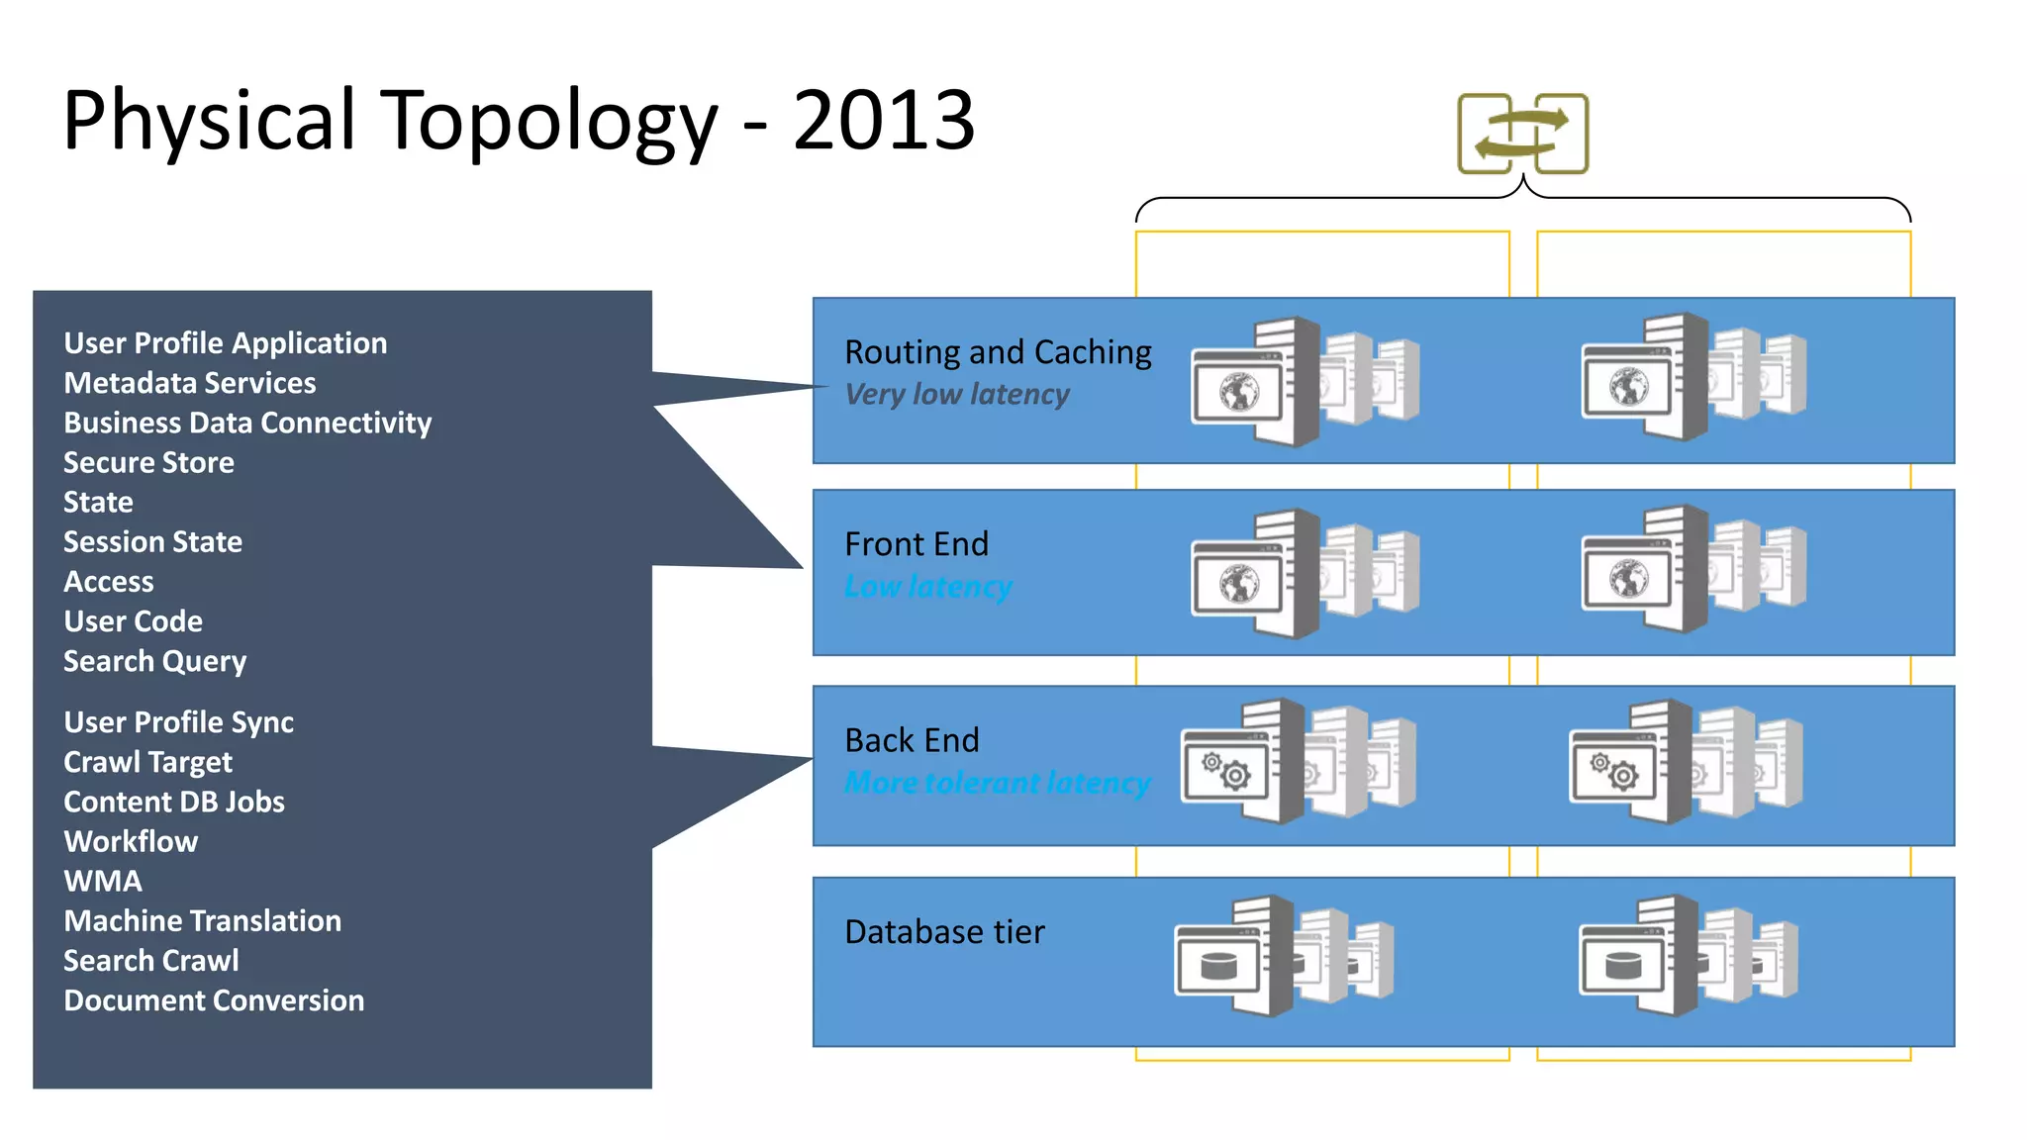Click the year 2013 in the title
[x=883, y=121]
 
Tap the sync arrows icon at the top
[x=1522, y=135]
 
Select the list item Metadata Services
[x=189, y=383]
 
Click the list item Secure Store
[x=148, y=462]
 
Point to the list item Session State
[x=152, y=541]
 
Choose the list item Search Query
[x=154, y=661]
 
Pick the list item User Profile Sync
[x=178, y=722]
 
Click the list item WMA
[x=103, y=881]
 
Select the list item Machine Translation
[x=202, y=920]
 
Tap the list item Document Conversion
[x=214, y=1000]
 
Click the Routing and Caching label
[x=998, y=352]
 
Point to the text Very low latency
[x=956, y=394]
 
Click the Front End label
[x=917, y=544]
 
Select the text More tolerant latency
[x=997, y=783]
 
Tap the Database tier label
[x=944, y=932]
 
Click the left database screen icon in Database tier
[x=1218, y=965]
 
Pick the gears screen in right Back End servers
[x=1613, y=770]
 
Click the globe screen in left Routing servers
[x=1237, y=392]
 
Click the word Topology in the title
[x=549, y=121]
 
